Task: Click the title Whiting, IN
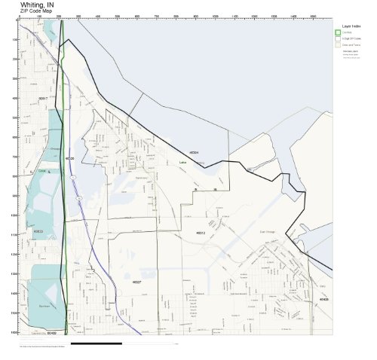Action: click(x=37, y=5)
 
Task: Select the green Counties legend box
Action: click(x=337, y=32)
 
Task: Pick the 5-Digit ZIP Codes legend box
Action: click(x=337, y=38)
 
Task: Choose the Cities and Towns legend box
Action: click(x=337, y=45)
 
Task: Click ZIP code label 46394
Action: click(x=194, y=152)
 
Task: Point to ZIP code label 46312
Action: click(x=201, y=233)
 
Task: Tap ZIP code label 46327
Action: click(x=136, y=282)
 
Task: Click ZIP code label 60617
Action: click(x=43, y=98)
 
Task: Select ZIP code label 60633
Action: click(x=38, y=231)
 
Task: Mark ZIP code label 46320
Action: click(x=69, y=159)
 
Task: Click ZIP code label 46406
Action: click(x=323, y=300)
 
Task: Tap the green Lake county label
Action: click(x=182, y=162)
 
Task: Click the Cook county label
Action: click(x=41, y=171)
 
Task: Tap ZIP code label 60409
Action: click(x=51, y=332)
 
